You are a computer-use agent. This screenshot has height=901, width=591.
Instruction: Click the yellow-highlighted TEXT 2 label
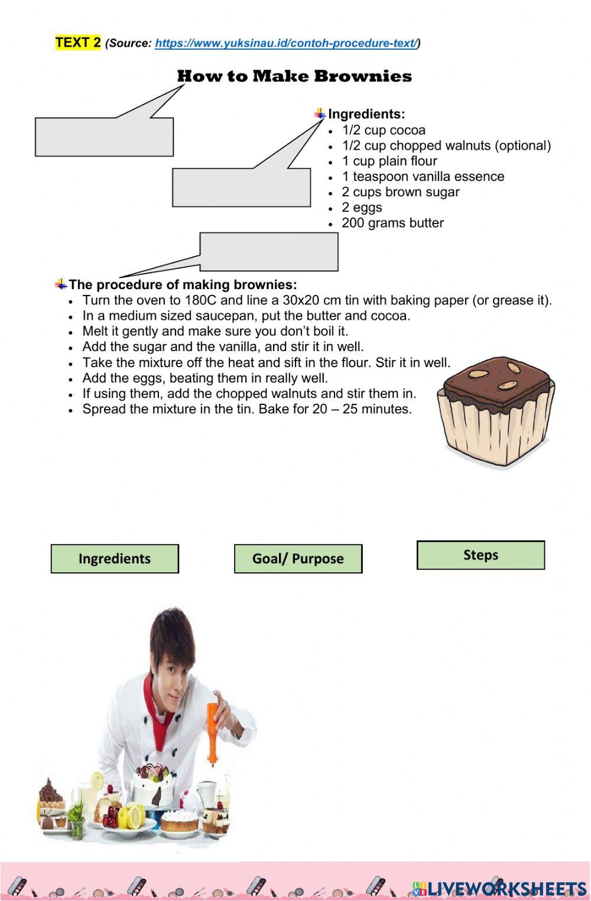coord(78,43)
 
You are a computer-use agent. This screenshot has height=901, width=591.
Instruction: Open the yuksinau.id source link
coord(287,43)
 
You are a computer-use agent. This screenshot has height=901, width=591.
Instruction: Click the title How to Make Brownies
coord(294,76)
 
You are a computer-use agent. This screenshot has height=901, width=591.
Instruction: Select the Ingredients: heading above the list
coord(366,114)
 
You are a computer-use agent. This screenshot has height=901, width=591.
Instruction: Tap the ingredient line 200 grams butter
coord(392,223)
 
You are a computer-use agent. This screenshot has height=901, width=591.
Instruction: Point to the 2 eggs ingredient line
coord(362,208)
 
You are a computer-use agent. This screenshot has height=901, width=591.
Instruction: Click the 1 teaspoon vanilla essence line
coord(423,177)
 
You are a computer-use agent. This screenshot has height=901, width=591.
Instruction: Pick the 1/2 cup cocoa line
coord(384,130)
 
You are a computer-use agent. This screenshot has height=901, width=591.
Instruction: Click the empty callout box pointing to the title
coord(104,137)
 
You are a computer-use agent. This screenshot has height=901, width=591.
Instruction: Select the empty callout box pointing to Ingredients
coord(241,187)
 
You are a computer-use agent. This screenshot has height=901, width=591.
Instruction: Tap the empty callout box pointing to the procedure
coord(269,252)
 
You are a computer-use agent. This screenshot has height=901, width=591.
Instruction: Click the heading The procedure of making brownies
coord(183,285)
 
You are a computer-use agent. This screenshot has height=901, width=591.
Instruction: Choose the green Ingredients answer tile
coord(115,559)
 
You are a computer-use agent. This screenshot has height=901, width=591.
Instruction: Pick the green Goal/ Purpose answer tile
coord(298,559)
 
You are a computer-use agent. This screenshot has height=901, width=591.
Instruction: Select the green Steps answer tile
coord(480,555)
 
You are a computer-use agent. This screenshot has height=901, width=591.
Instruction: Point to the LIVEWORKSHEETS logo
coord(499,889)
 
